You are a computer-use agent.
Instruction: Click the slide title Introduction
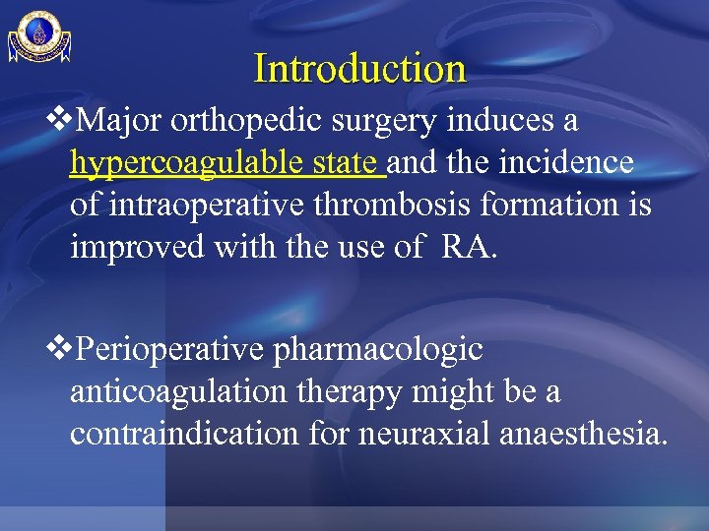coord(359,69)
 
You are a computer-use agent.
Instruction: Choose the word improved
coord(131,245)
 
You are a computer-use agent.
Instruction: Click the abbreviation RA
coord(470,245)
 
